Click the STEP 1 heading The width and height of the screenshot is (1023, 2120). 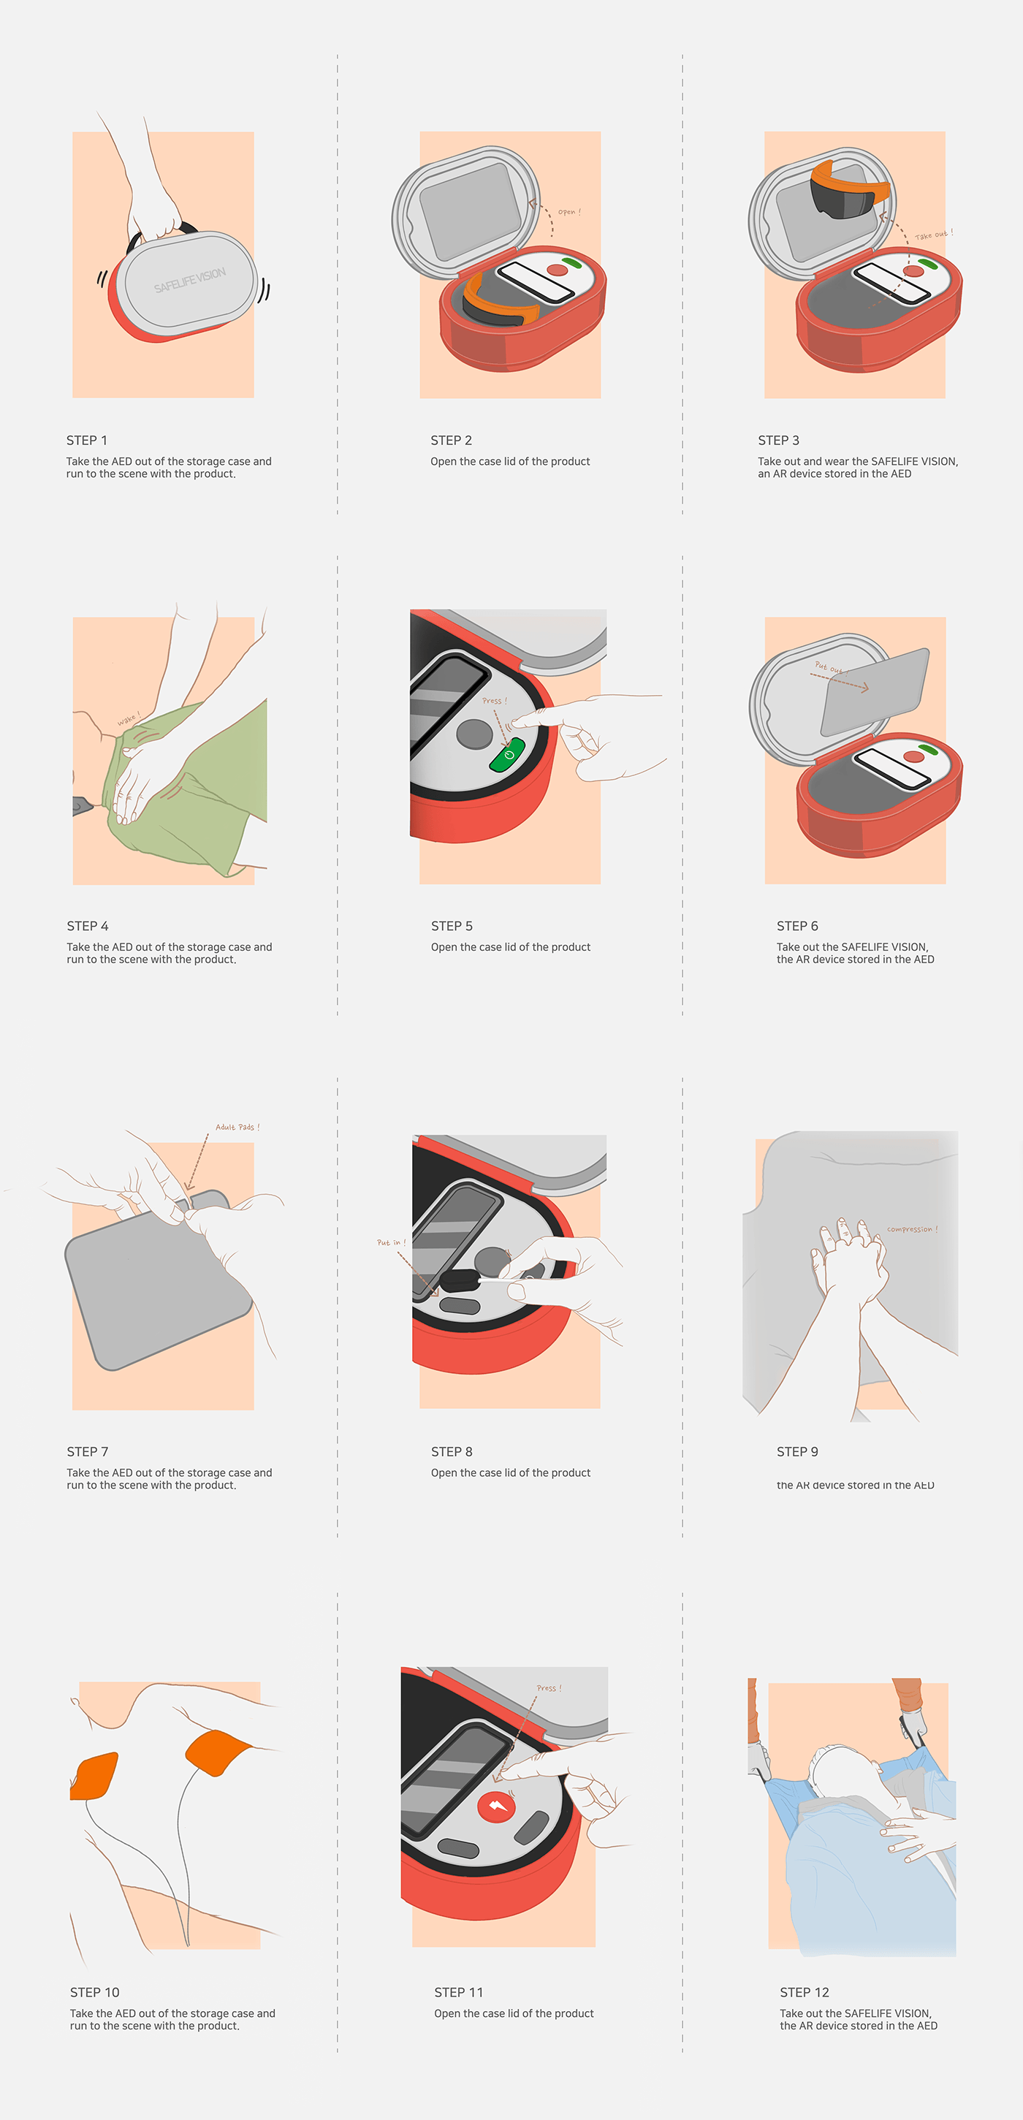[86, 440]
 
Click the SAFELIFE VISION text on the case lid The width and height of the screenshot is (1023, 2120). [189, 280]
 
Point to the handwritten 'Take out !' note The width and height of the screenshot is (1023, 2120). [933, 235]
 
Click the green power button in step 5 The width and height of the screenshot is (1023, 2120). [507, 756]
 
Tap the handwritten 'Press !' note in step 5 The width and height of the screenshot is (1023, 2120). [494, 701]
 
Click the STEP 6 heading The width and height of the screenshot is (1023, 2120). [796, 926]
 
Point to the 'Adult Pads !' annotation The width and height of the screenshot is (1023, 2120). [237, 1128]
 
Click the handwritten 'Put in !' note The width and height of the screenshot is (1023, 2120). [391, 1243]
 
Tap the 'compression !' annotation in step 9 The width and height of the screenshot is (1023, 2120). [912, 1229]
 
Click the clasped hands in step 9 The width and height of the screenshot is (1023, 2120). [852, 1259]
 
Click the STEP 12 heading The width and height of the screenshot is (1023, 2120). [804, 1991]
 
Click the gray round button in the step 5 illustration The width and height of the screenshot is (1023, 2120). [474, 733]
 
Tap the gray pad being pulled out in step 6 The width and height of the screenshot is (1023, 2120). [874, 691]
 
